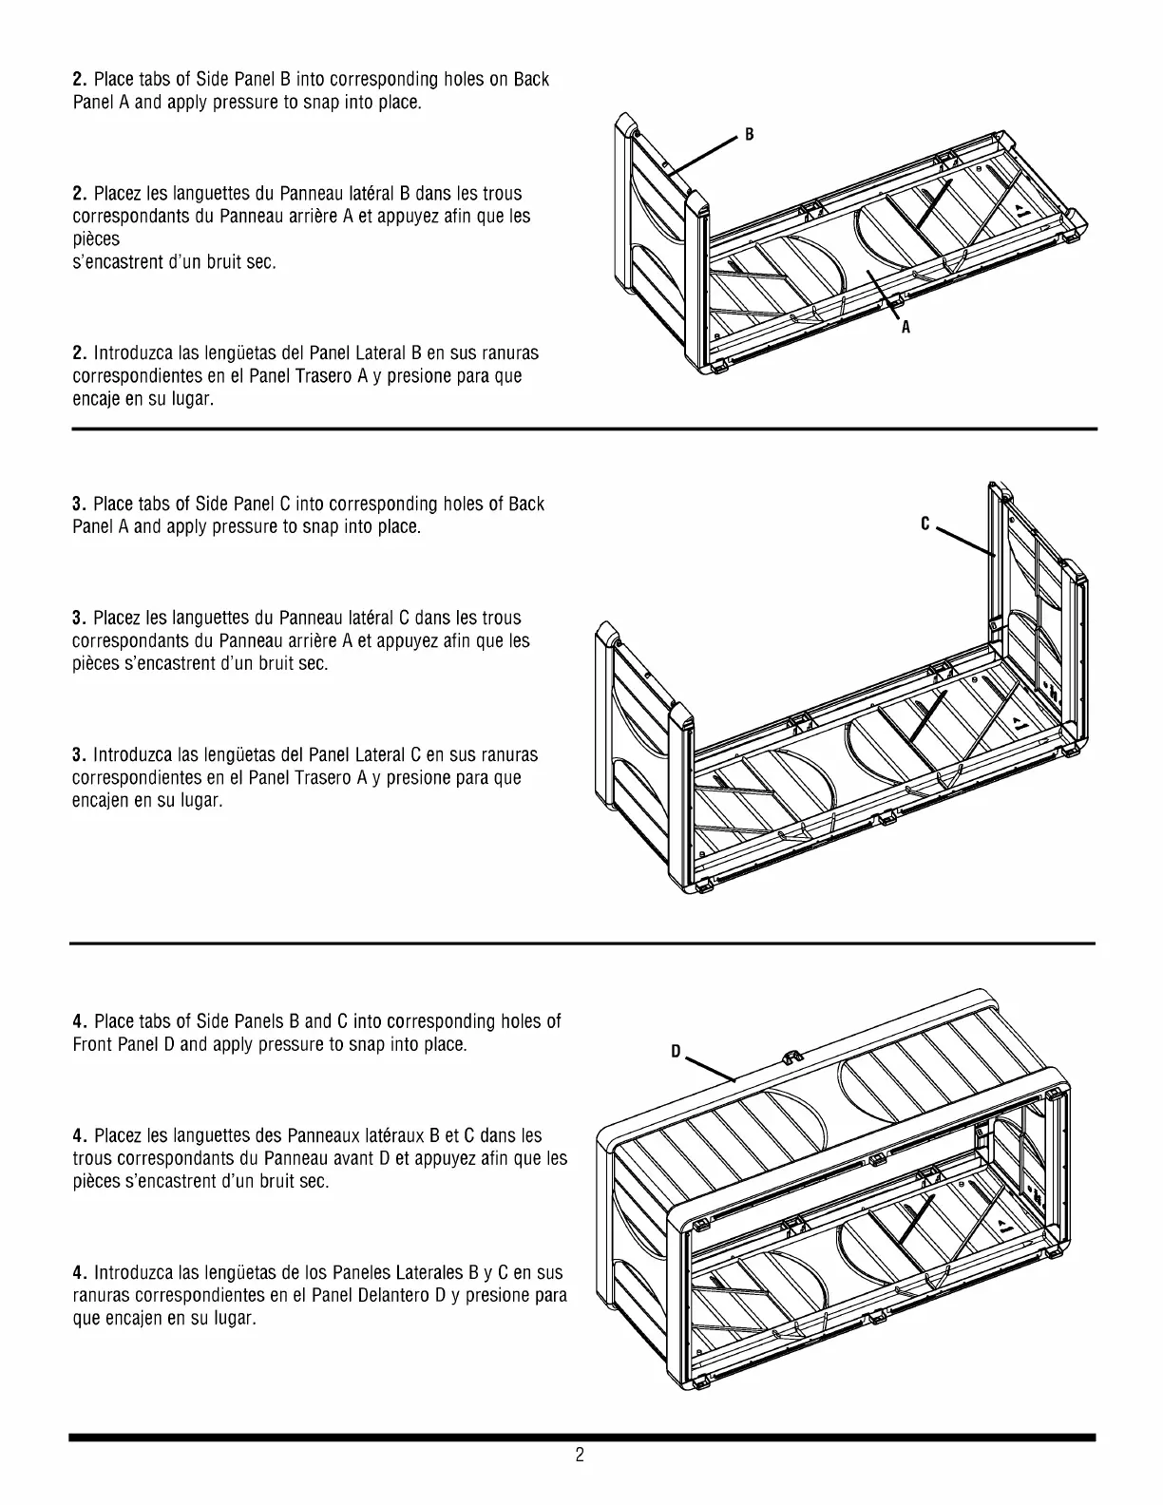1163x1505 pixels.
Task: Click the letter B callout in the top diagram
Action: click(749, 135)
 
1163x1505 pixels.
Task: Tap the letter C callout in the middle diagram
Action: click(924, 524)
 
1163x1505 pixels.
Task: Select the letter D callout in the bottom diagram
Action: click(676, 1052)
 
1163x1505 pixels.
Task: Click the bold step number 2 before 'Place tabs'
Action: click(79, 80)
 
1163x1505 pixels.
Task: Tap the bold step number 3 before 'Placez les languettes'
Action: click(79, 619)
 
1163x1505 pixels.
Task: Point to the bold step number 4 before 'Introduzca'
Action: click(79, 1273)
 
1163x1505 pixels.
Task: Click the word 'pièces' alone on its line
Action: click(96, 239)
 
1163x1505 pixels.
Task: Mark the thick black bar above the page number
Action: click(581, 1438)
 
